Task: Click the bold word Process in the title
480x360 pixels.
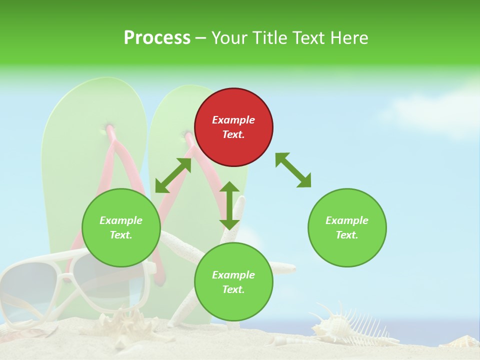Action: pos(157,38)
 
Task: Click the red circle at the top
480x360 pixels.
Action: pos(233,127)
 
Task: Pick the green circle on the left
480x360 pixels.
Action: pos(121,228)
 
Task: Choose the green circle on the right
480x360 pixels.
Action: pos(347,228)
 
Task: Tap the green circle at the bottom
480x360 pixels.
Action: pos(233,282)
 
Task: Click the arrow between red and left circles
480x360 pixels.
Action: pos(173,175)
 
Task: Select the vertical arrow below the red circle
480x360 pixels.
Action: pos(229,205)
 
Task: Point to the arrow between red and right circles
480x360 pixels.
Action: pos(293,170)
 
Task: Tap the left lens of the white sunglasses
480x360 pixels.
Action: pos(27,290)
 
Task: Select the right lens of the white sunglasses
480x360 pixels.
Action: pos(100,280)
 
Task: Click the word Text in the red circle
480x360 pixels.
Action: pos(233,135)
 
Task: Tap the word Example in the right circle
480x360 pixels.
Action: pos(347,220)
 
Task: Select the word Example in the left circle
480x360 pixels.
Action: pos(121,220)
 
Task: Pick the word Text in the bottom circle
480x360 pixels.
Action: pos(233,290)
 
